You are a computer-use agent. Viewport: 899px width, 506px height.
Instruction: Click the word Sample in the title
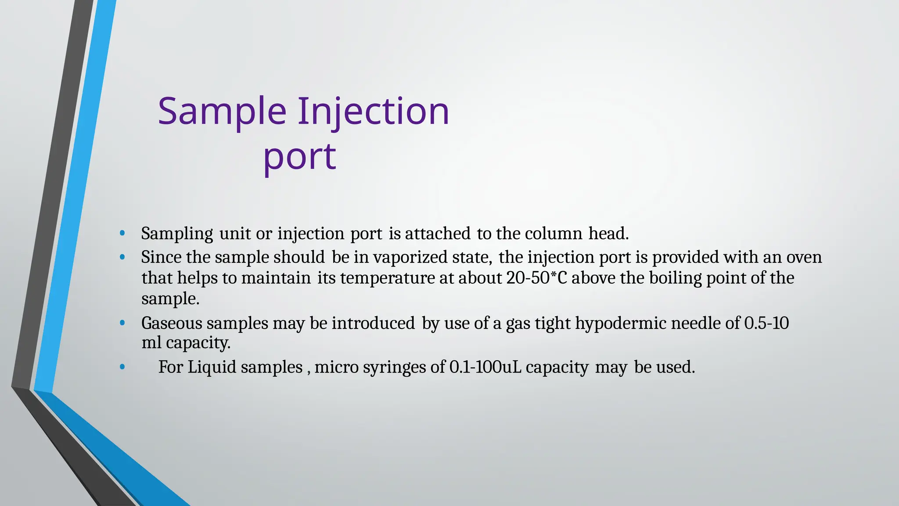click(222, 111)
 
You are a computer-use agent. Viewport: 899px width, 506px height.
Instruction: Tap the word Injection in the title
click(374, 111)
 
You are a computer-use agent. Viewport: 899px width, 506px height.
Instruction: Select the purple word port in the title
click(299, 156)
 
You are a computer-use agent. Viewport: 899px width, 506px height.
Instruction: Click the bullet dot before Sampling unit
click(122, 233)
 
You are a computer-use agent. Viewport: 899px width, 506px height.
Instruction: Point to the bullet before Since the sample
click(122, 257)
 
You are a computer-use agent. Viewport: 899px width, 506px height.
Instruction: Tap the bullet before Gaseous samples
click(122, 323)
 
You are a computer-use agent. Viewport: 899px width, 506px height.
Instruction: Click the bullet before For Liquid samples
click(122, 367)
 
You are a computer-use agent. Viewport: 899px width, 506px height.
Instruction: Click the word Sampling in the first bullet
click(177, 234)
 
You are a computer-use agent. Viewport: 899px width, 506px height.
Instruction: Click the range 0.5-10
click(766, 323)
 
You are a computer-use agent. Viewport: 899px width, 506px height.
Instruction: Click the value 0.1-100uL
click(485, 367)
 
